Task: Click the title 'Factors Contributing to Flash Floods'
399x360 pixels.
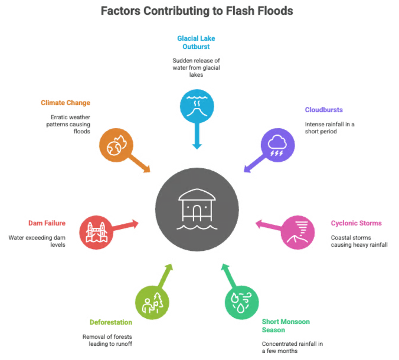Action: pos(197,11)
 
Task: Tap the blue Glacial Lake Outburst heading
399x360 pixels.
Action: pos(196,42)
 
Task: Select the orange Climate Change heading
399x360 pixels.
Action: pos(66,103)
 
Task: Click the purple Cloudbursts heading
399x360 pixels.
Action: pos(323,110)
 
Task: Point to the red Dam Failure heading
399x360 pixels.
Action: pos(47,223)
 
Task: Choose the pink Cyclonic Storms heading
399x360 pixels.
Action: pos(357,223)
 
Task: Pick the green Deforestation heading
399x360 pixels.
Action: pos(111,322)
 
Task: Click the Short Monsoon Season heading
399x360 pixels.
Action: pos(286,326)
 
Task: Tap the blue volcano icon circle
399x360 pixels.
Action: pos(197,106)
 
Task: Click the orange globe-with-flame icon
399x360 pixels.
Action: pos(116,145)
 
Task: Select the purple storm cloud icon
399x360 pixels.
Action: pos(277,145)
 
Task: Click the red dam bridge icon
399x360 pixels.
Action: pos(96,233)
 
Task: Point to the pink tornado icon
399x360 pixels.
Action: pos(297,233)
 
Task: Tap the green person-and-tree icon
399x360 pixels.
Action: pos(152,303)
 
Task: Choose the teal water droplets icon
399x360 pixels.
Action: pos(242,303)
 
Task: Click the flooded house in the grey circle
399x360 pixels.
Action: pos(197,209)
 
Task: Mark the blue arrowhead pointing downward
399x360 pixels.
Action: pos(197,146)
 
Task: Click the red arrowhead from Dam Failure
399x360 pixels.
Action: pos(135,224)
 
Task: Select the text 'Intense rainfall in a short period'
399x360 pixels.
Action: pos(330,127)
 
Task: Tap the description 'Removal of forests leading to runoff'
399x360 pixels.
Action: pos(107,340)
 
